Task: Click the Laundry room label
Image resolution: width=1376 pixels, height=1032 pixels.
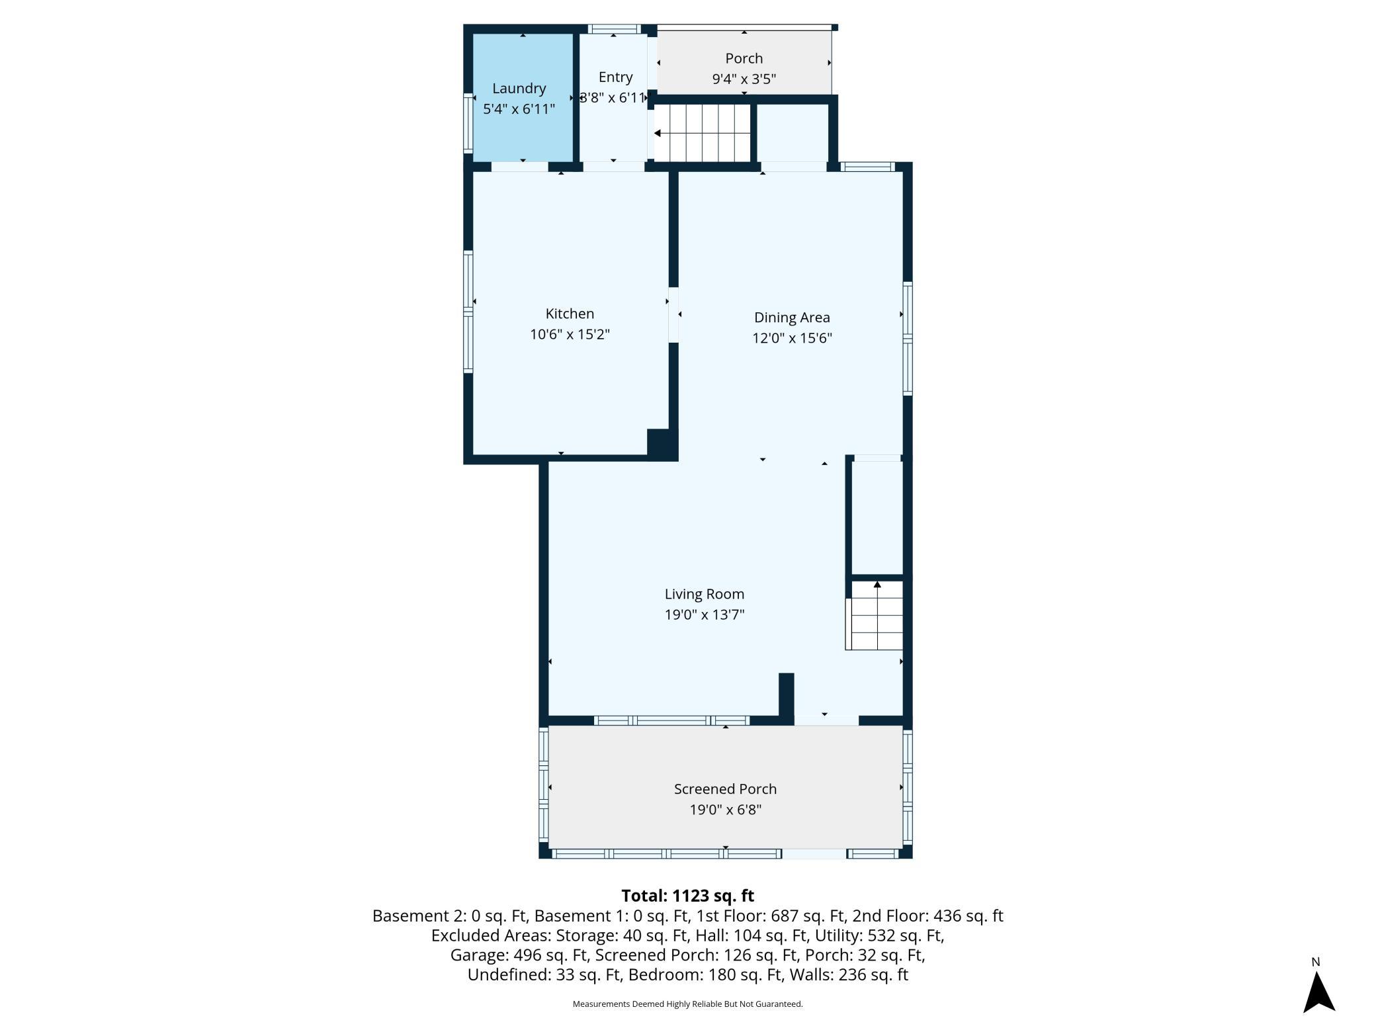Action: [x=519, y=89]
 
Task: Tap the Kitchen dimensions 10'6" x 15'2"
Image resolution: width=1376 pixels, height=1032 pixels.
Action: [x=570, y=334]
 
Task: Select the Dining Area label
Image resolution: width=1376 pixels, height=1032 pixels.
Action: [x=792, y=318]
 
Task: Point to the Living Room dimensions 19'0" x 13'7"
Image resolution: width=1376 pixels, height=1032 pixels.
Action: [x=705, y=615]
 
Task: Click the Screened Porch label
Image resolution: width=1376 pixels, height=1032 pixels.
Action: [x=725, y=789]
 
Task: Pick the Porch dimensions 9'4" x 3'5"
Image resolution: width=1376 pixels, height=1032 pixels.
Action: [x=744, y=79]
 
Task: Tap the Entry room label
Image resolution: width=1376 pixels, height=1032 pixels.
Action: [x=615, y=77]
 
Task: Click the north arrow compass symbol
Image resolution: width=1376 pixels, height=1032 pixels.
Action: [x=1319, y=992]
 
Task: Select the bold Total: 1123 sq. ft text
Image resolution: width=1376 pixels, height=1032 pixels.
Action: [x=687, y=896]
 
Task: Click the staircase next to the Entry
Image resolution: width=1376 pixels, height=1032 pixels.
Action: [x=702, y=133]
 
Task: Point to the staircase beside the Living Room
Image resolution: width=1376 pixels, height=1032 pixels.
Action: [x=875, y=615]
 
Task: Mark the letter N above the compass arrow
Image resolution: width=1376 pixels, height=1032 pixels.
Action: [x=1316, y=962]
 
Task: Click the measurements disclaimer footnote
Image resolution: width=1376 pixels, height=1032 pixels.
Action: [x=687, y=1004]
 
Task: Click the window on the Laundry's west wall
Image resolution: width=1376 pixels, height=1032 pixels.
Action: [x=468, y=124]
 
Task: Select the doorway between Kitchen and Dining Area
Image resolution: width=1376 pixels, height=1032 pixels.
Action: [x=673, y=314]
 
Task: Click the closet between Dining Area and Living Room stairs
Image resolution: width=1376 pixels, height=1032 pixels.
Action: [x=877, y=517]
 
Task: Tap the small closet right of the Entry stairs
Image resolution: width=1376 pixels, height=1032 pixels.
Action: [x=793, y=132]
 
